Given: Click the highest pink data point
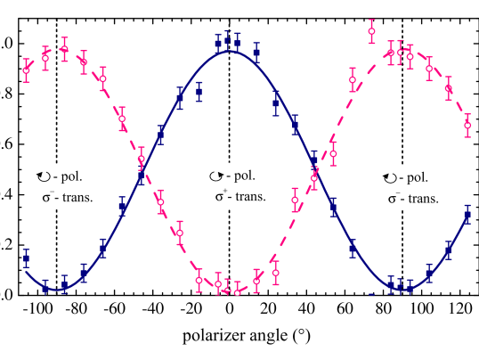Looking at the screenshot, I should tap(371, 31).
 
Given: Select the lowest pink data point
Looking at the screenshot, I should tap(237, 291).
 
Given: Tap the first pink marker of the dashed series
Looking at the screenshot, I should tap(26, 70).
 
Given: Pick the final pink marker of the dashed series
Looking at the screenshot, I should tap(467, 125).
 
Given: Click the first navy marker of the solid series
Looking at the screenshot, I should tap(26, 258).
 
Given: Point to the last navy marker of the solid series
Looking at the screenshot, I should tap(467, 215).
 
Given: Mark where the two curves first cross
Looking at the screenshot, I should tap(142, 167).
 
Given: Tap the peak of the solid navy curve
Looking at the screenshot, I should tap(228, 51).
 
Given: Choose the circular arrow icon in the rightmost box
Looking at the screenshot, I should tap(389, 177).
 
